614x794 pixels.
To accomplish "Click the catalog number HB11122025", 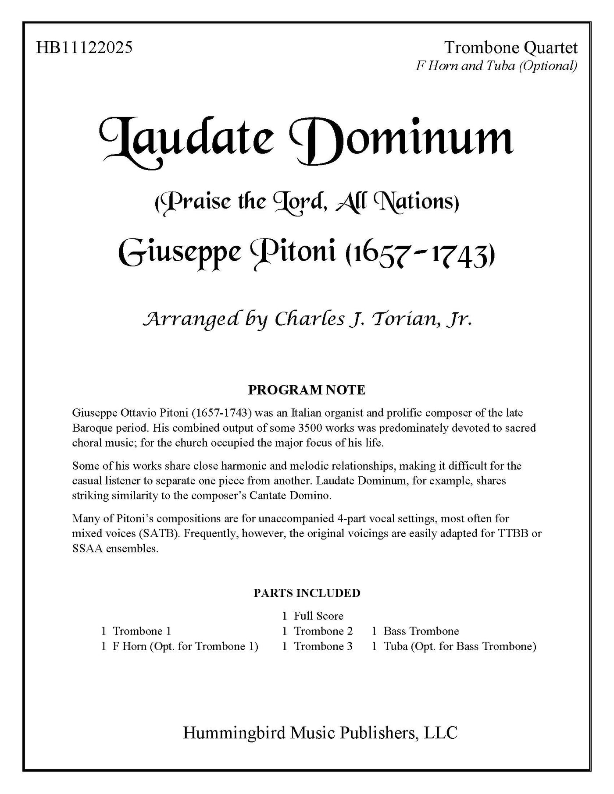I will [84, 47].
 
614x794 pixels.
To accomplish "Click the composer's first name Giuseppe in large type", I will [180, 254].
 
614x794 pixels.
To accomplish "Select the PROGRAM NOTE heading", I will [307, 390].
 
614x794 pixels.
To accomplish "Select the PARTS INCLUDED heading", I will [307, 593].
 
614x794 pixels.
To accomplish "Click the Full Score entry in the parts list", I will [318, 616].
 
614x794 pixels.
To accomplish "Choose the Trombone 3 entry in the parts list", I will [323, 646].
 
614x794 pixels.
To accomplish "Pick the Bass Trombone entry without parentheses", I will [421, 631].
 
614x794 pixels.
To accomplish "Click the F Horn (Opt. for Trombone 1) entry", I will [185, 646].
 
